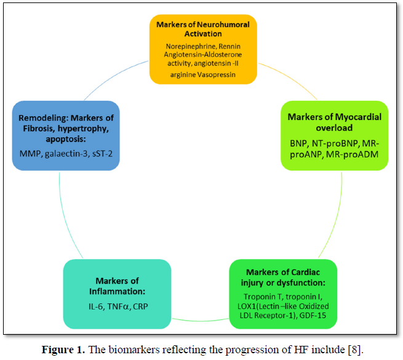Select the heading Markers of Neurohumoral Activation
tap(202, 29)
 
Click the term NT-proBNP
tap(337, 142)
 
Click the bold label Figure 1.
tap(62, 350)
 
